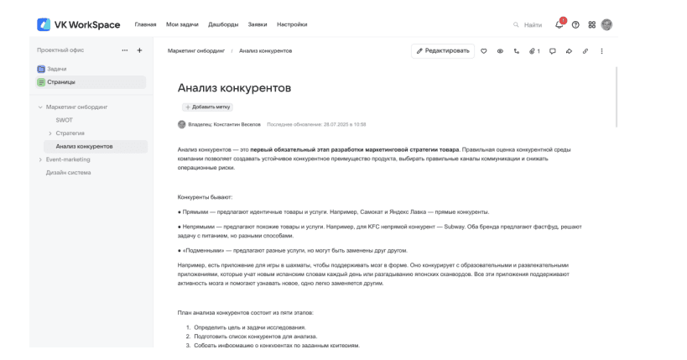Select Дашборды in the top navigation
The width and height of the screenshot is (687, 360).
[222, 24]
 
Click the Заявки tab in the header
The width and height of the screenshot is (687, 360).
[258, 24]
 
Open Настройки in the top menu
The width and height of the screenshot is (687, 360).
[292, 24]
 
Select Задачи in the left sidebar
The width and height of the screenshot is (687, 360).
[57, 68]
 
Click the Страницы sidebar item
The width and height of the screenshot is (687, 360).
[61, 81]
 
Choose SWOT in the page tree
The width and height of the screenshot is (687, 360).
[65, 120]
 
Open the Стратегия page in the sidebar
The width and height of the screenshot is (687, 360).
[70, 133]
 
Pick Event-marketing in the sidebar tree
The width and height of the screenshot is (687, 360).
[68, 159]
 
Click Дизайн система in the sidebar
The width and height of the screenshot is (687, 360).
[68, 173]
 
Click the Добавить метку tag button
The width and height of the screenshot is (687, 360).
[207, 107]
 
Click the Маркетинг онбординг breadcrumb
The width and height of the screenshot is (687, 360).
[195, 50]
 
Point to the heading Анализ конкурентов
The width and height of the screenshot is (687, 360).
[234, 87]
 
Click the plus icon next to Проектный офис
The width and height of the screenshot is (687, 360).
[139, 50]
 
